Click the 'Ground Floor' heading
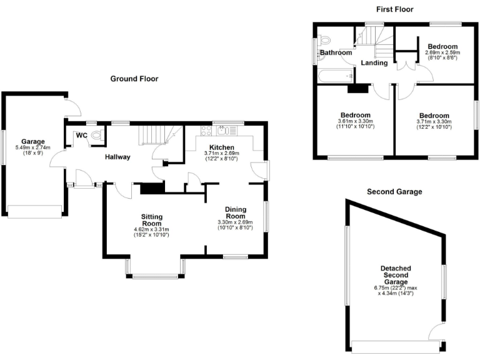coord(134,79)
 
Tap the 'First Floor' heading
coord(394,9)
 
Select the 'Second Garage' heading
coord(394,191)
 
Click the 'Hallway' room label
coord(117,157)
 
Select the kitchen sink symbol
coord(223,130)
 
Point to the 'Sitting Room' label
coord(151,220)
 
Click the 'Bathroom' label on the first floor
coord(336,53)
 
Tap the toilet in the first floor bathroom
coord(323,41)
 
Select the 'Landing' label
coord(374,63)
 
